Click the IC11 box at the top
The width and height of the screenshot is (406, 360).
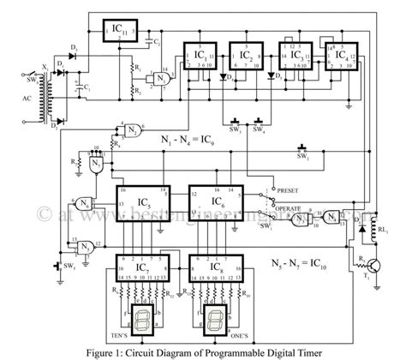(121, 33)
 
